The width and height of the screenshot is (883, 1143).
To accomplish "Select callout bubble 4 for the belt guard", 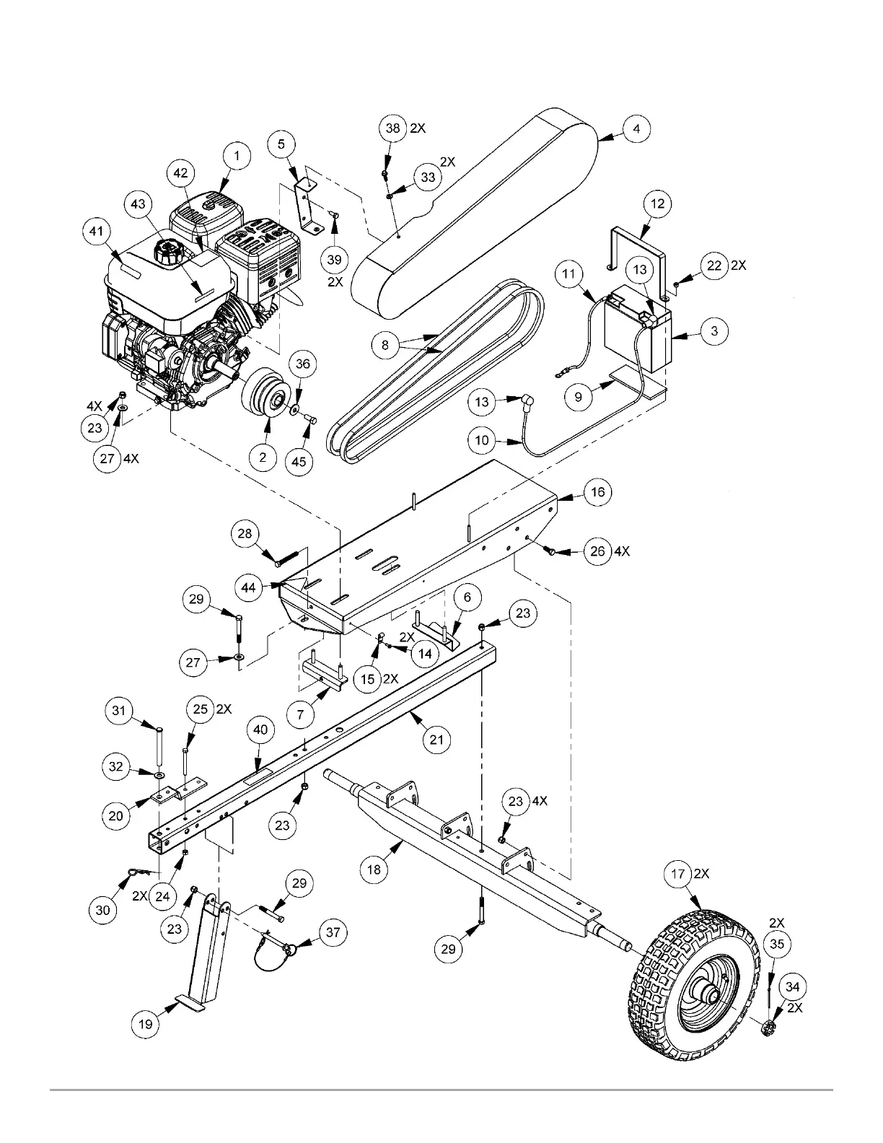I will pos(636,130).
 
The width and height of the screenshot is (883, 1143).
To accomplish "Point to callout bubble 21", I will pos(436,740).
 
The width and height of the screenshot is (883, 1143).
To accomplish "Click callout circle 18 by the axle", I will pos(374,870).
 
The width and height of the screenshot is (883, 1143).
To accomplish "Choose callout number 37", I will pos(333,932).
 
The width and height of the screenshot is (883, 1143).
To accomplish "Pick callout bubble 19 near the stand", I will pos(146,1022).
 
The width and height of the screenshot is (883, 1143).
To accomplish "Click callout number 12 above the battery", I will pos(657,203).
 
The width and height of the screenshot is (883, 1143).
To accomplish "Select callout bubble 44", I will pos(248,588).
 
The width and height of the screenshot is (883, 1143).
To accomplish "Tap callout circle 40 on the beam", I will pos(260,730).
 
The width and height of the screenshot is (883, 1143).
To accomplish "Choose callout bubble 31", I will pos(118,711).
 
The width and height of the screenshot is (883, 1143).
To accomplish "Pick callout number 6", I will pos(467,597).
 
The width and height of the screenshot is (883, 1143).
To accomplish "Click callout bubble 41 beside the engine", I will pos(96,232).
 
